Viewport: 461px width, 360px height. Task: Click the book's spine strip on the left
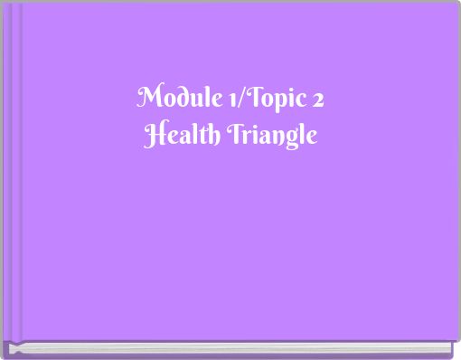click(x=12, y=172)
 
